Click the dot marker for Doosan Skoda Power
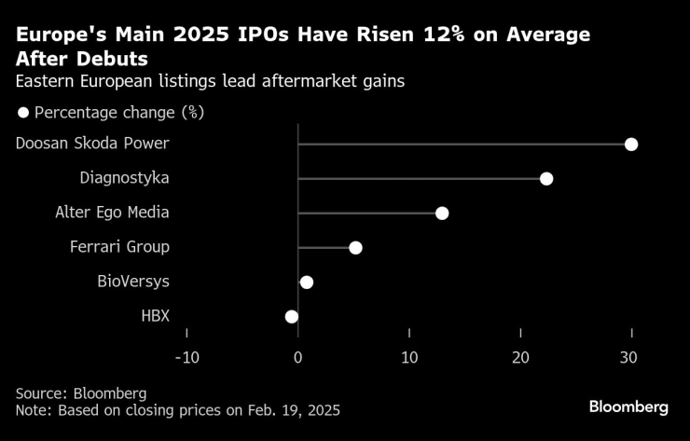click(631, 144)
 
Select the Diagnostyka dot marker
click(546, 178)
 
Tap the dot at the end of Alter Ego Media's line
click(442, 214)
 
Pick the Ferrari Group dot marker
click(355, 247)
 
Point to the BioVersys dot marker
click(307, 282)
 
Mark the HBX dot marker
click(292, 316)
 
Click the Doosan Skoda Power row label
click(92, 144)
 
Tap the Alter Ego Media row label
click(112, 213)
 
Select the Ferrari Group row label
click(119, 247)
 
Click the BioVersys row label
click(133, 282)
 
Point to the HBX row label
click(155, 316)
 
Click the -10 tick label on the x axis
click(186, 358)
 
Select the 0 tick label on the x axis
click(297, 358)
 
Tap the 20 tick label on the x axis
click(520, 358)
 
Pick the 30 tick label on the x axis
click(631, 358)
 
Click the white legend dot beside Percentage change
click(22, 113)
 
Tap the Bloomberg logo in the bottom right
click(628, 407)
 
